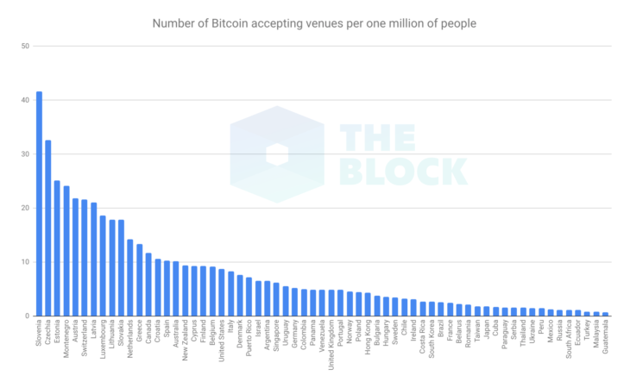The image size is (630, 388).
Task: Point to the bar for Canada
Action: (149, 285)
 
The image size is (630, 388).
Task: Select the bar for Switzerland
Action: (85, 258)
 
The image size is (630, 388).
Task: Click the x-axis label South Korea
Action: (432, 341)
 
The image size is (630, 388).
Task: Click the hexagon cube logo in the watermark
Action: (277, 154)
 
